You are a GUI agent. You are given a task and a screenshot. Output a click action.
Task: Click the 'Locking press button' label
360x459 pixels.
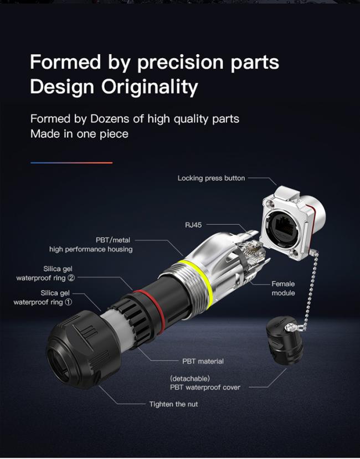pos(211,178)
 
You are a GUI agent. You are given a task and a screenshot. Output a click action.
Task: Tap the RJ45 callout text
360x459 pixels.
pos(193,225)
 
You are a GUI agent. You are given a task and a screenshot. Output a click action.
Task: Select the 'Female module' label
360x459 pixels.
pos(283,288)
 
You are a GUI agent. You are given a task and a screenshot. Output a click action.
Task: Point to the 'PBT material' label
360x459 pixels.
pos(203,361)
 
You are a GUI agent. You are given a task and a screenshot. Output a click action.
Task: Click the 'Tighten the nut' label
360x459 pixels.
pos(174,404)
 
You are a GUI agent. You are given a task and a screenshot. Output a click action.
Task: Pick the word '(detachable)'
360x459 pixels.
pos(190,379)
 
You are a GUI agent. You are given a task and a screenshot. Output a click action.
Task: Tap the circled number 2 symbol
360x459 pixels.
pos(71,278)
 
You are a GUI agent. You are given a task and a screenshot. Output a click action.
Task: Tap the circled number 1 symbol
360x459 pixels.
pos(68,302)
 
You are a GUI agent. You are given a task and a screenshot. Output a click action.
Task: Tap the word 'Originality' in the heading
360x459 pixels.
pos(150,86)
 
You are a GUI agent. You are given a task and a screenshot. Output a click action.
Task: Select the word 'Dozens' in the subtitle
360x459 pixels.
pos(110,119)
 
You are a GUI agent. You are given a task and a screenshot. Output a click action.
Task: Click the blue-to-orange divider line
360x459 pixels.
pos(71,163)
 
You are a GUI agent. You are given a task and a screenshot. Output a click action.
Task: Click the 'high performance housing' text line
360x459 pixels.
pos(91,249)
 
